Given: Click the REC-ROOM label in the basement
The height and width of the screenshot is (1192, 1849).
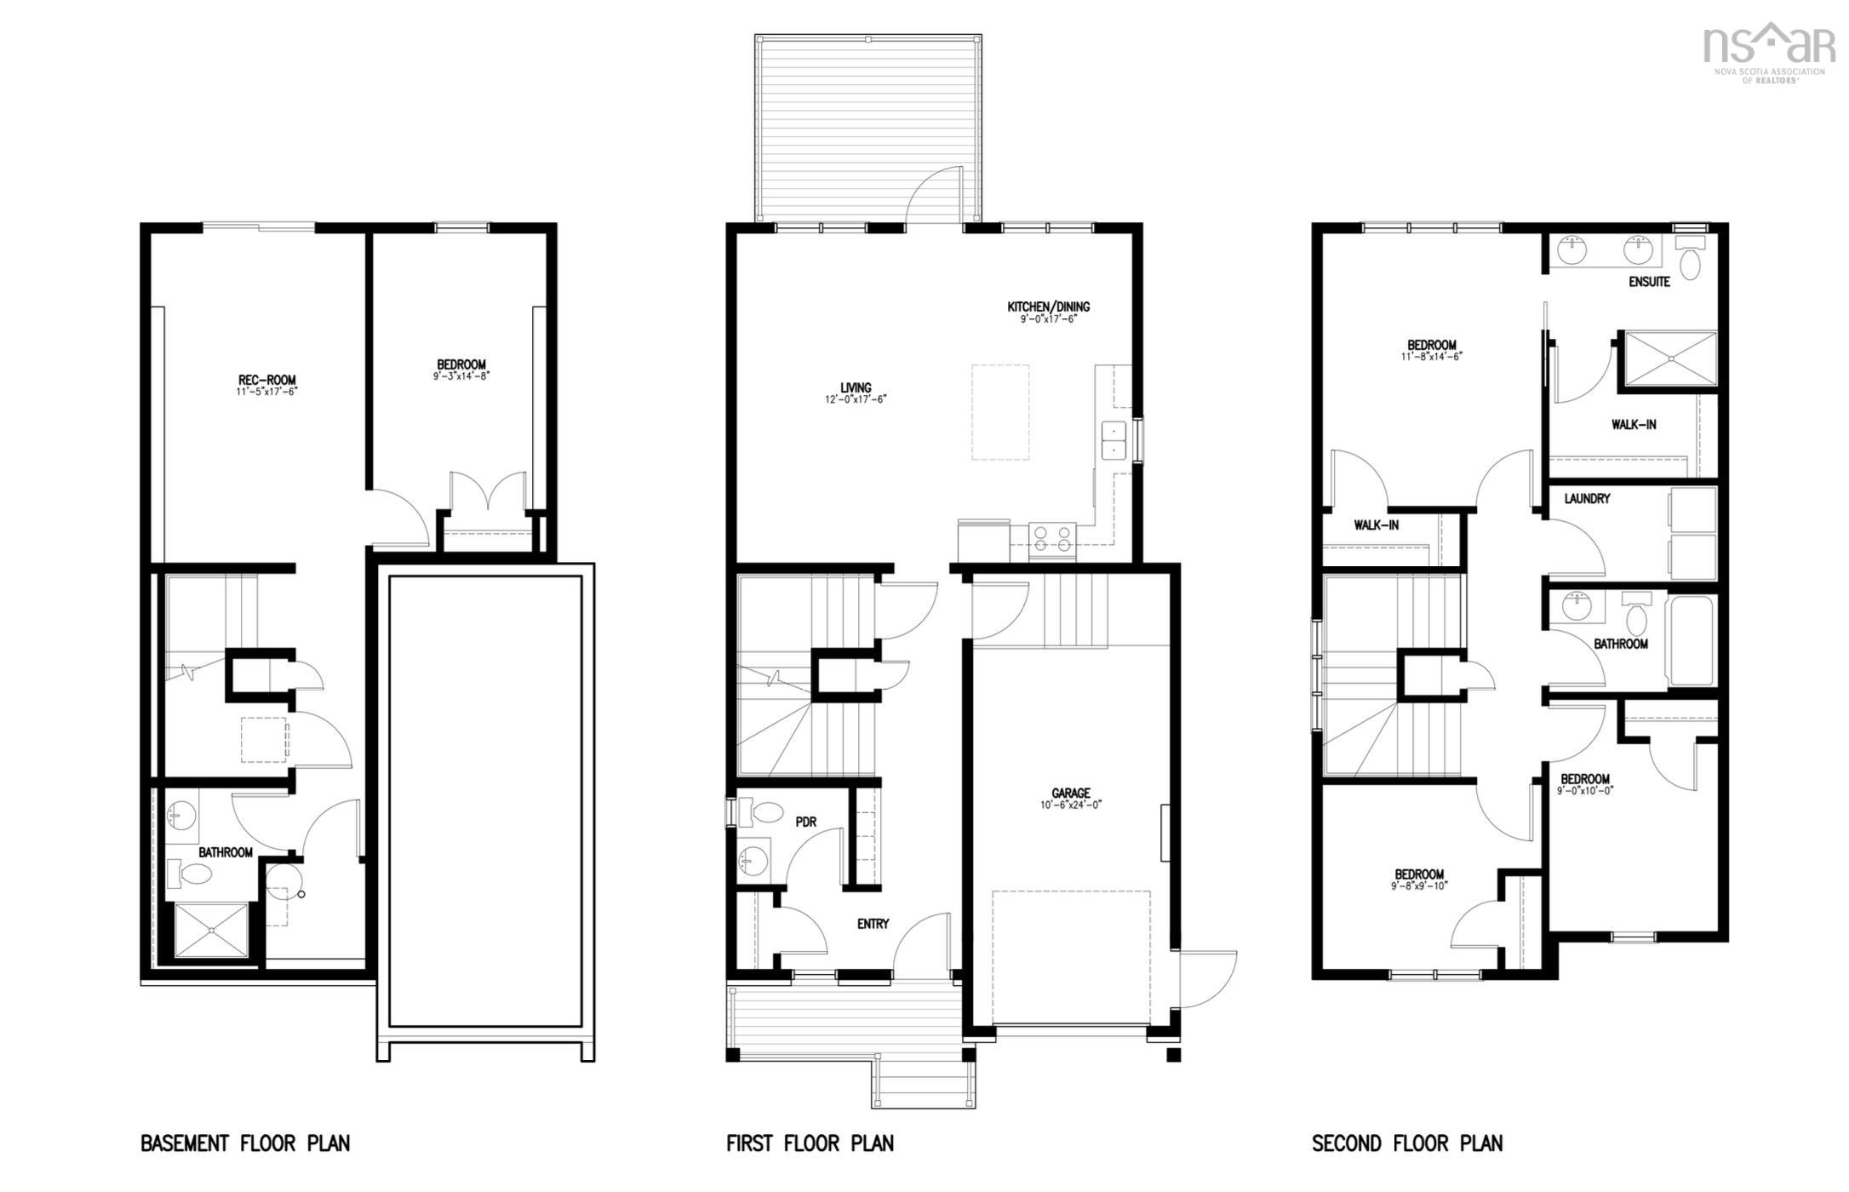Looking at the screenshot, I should coord(267,380).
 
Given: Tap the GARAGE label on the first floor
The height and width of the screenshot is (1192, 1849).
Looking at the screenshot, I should coord(1070,793).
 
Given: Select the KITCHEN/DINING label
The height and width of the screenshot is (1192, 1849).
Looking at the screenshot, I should coord(1048,307).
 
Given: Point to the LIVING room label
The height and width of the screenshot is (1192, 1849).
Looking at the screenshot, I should coord(856,387).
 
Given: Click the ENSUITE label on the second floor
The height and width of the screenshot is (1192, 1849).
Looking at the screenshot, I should coord(1649,282).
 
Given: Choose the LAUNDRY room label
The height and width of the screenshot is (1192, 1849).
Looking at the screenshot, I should coord(1587,499).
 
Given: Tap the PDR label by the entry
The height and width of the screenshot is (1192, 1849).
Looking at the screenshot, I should coord(805,822).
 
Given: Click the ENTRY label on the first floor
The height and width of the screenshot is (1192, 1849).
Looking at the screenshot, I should coord(873,924).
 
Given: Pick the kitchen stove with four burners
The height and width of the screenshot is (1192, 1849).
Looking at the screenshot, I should coord(1052,539).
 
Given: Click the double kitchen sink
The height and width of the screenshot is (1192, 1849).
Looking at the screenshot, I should coord(1113,440).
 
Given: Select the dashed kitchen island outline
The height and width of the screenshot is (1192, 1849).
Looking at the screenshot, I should coord(1000,412).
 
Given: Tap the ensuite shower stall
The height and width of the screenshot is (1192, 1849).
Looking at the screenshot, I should coord(1670,358).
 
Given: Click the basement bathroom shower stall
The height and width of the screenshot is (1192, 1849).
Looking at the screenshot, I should coord(211,931).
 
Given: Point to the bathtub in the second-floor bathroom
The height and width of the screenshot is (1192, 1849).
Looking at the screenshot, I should coord(1691,640).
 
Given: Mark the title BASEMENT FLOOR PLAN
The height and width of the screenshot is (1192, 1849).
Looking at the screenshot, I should coord(245,1143).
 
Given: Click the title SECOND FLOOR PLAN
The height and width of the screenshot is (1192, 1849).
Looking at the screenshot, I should coord(1406,1143).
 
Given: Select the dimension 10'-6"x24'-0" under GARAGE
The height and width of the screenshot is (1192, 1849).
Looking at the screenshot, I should coord(1070,805).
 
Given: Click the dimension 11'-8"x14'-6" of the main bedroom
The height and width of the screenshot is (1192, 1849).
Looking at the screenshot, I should coord(1431,357).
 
